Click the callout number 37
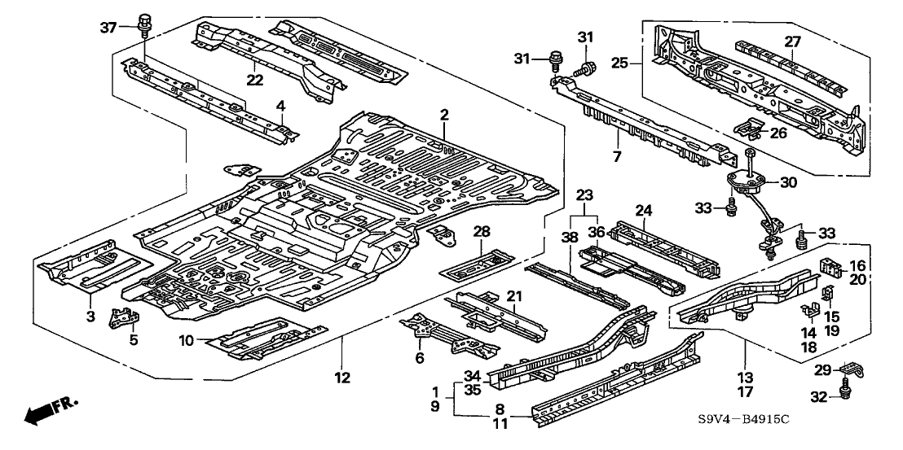coord(108,28)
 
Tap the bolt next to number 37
coord(146,25)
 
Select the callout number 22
coord(256,79)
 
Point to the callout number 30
coord(788,183)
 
